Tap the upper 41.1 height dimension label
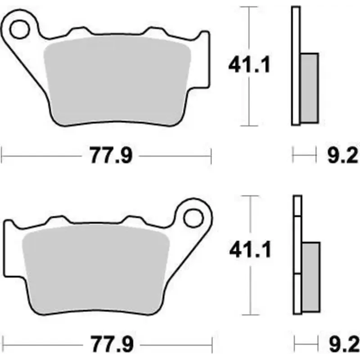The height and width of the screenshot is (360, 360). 249,66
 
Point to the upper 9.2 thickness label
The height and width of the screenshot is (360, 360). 341,156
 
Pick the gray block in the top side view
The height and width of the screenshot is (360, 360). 309,88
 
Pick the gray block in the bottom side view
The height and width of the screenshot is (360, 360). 310,277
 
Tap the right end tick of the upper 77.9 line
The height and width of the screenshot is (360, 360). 211,156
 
